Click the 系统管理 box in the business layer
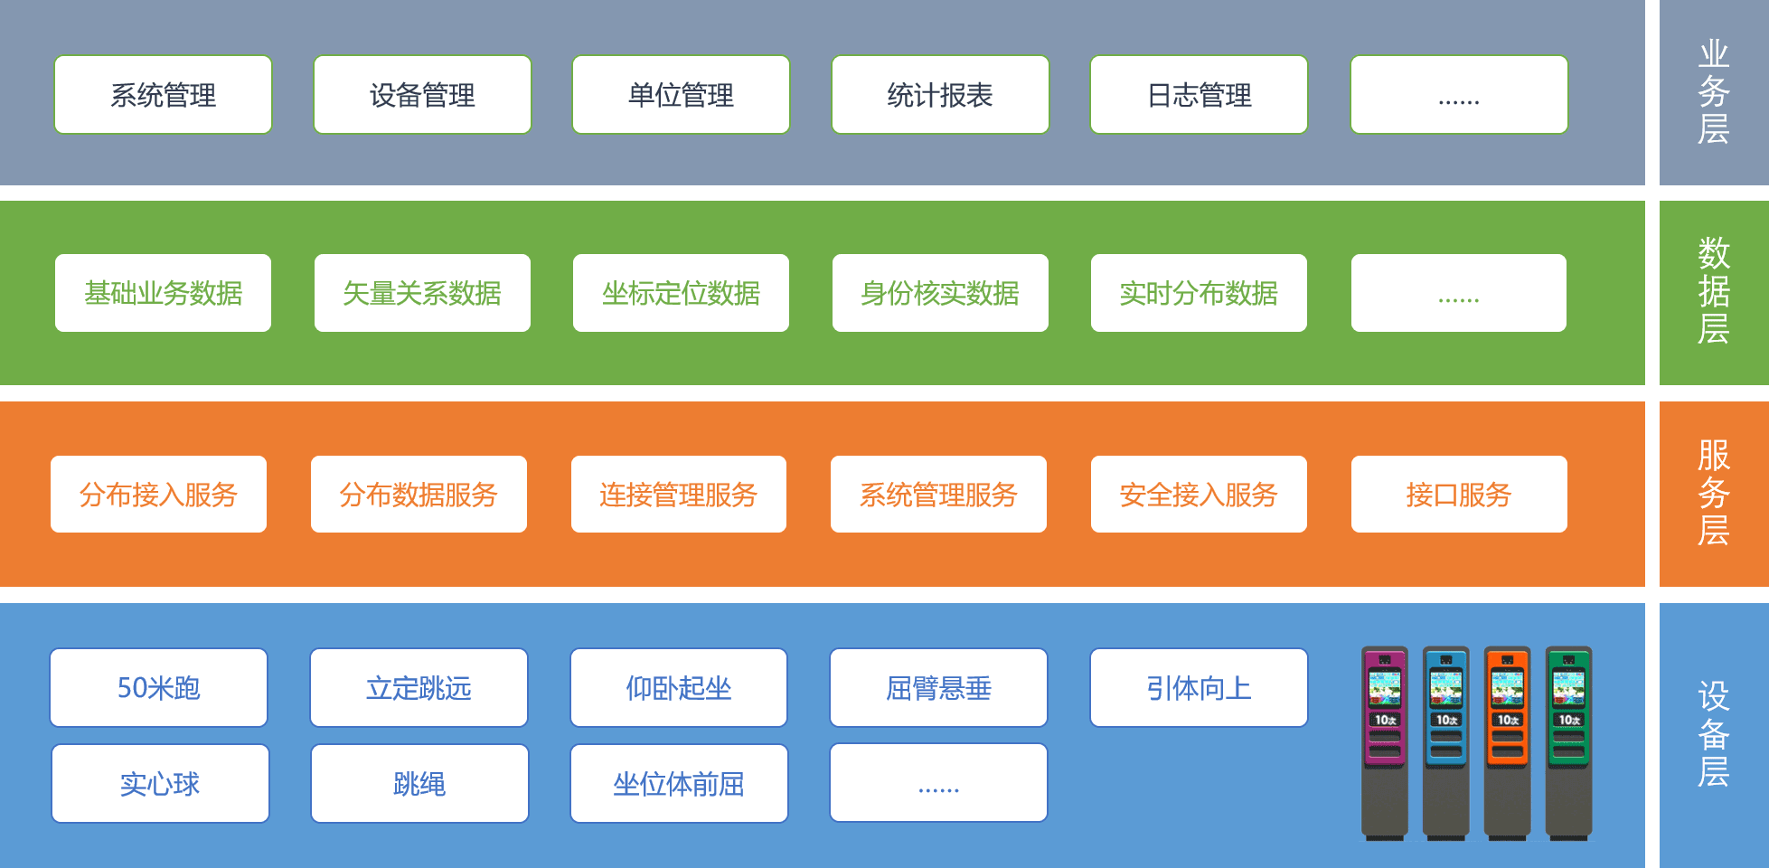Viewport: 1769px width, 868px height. (x=163, y=95)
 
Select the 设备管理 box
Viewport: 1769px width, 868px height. (x=422, y=95)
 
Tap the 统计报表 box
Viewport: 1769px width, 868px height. (x=940, y=95)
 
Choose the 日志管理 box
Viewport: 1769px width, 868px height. (x=1199, y=95)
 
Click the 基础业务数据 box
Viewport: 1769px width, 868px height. (x=163, y=293)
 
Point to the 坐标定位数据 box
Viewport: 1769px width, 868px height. (x=681, y=293)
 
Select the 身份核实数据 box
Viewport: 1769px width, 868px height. (x=940, y=293)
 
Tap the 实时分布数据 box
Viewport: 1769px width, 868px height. (x=1199, y=293)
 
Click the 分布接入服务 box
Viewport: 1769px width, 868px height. (x=158, y=495)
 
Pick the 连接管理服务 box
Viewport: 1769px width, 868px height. (x=678, y=495)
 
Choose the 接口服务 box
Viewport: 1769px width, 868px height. (x=1459, y=495)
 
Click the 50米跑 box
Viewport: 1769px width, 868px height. (x=158, y=688)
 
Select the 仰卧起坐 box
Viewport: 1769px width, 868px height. (x=678, y=688)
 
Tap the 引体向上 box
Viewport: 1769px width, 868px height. (x=1199, y=688)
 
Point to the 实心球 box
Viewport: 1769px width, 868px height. (x=160, y=784)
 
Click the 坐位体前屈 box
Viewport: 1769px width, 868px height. (x=678, y=784)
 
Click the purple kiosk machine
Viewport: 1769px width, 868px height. (x=1385, y=741)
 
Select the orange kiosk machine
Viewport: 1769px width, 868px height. (x=1507, y=741)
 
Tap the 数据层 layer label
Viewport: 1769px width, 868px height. (x=1713, y=291)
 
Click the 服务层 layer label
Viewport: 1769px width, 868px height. (x=1713, y=493)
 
